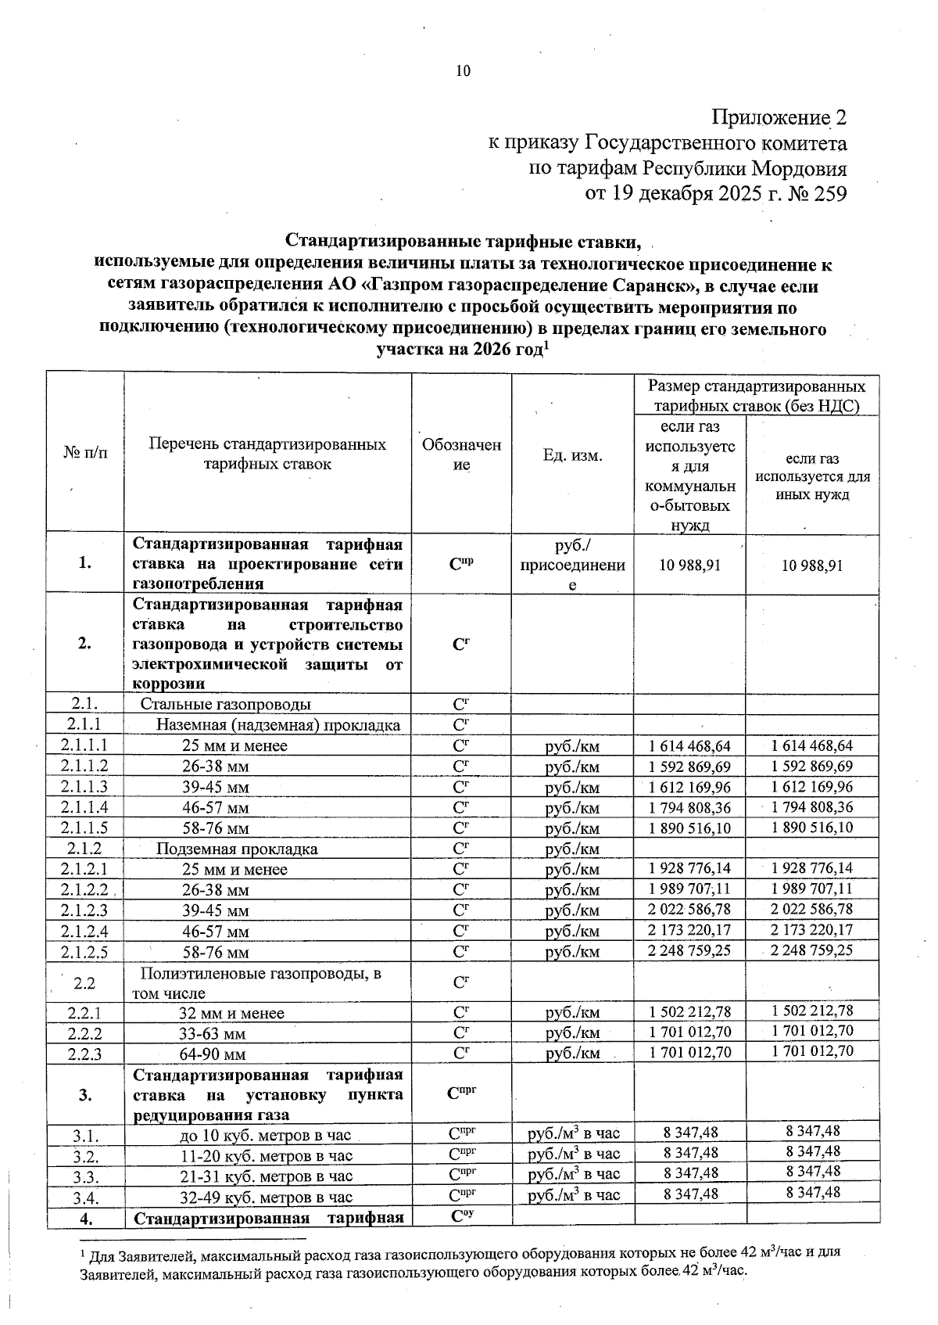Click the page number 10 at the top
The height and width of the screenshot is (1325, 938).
click(463, 71)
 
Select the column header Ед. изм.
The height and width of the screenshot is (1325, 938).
click(572, 455)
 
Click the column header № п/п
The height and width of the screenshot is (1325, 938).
click(85, 454)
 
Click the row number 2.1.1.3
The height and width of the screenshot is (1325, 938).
click(88, 787)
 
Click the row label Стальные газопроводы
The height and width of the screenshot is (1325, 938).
click(226, 705)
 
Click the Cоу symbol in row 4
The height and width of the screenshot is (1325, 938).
click(463, 1216)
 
